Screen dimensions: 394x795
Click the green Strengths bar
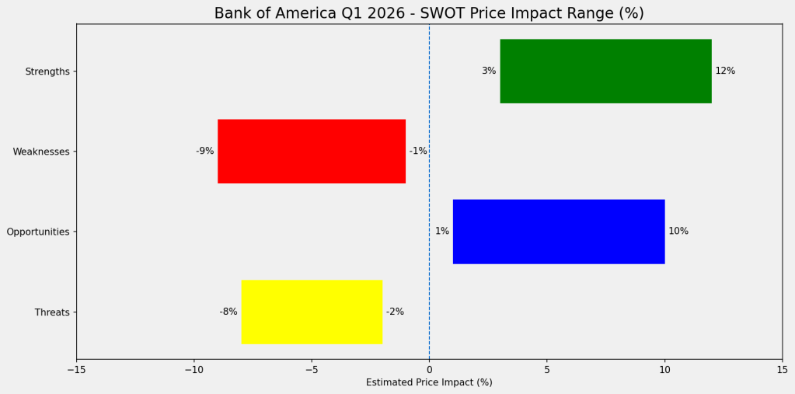pos(605,71)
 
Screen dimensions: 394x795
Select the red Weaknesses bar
pos(312,151)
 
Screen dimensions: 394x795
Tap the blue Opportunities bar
pos(558,232)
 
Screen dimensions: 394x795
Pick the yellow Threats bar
pos(312,312)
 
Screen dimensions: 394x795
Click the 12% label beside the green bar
pos(725,71)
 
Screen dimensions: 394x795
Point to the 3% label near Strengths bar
pos(489,71)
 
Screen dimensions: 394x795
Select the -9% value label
pos(204,151)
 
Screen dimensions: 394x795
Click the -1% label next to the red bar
pos(418,151)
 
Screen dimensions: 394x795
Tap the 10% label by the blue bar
pos(678,232)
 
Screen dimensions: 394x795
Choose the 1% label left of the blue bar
pos(441,232)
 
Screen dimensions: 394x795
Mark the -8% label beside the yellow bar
pos(228,312)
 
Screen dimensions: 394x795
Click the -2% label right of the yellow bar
pos(395,312)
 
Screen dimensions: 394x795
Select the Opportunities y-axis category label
pos(38,232)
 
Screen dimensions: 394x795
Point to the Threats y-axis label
pos(52,312)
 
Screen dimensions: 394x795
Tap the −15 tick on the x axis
pos(76,370)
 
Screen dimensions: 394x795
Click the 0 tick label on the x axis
pos(429,370)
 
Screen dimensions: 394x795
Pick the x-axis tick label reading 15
pos(782,370)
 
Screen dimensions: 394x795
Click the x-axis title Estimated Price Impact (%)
pos(429,382)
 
